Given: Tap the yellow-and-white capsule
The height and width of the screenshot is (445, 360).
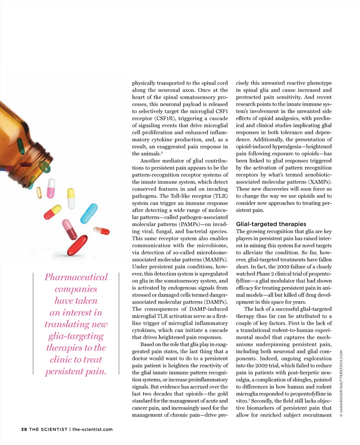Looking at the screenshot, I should pos(71,198).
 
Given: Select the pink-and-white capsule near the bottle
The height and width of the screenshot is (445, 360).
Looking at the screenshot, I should pos(51,188).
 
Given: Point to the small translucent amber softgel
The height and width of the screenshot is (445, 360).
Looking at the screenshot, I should pos(39,192).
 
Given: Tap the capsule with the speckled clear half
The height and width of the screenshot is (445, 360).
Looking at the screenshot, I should pos(101,231).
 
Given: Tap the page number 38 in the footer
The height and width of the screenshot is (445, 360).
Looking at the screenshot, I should pos(24,429).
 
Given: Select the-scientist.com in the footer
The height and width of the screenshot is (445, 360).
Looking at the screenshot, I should pos(92,429).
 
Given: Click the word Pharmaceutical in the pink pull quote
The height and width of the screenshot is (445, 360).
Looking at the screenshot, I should pos(76,277).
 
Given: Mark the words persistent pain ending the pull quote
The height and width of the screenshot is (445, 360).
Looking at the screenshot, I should pos(76,371).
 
